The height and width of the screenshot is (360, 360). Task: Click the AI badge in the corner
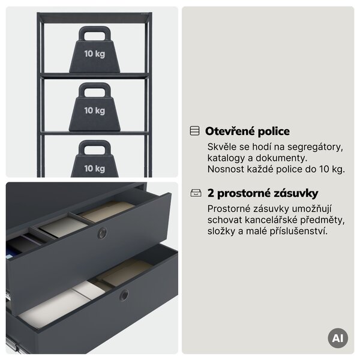click(x=338, y=338)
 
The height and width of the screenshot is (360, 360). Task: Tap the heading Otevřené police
click(x=247, y=131)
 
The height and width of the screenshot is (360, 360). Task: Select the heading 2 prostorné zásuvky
click(x=263, y=193)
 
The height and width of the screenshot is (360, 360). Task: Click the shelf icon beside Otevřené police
click(x=194, y=131)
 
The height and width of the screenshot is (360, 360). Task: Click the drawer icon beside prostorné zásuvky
click(x=196, y=193)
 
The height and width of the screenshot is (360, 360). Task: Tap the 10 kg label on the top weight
click(x=95, y=54)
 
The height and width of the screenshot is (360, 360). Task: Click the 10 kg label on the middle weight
click(x=95, y=110)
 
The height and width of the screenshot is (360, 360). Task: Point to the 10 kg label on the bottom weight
click(x=95, y=169)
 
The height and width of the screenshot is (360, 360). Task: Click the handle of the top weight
click(x=95, y=31)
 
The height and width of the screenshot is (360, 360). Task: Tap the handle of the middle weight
click(x=95, y=87)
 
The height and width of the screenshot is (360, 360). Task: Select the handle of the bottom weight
click(x=95, y=145)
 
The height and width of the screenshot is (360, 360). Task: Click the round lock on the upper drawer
click(x=102, y=233)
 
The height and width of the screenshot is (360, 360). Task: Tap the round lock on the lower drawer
click(x=124, y=295)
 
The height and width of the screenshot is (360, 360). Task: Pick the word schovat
click(x=225, y=220)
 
